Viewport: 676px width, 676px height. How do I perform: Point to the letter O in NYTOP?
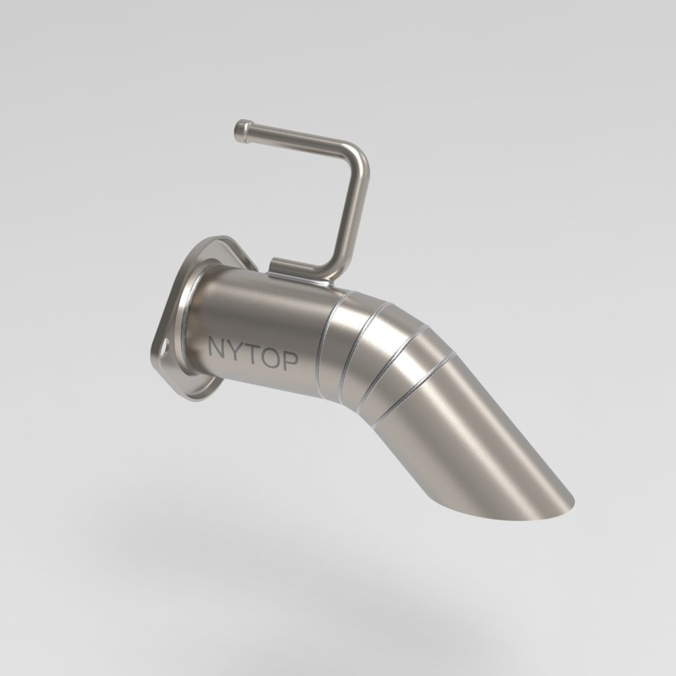pyautogui.click(x=268, y=358)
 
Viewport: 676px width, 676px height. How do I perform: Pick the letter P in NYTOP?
pyautogui.click(x=289, y=361)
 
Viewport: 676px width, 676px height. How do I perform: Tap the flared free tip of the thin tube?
pyautogui.click(x=241, y=130)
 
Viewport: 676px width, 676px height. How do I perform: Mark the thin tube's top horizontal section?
pyautogui.click(x=297, y=137)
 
